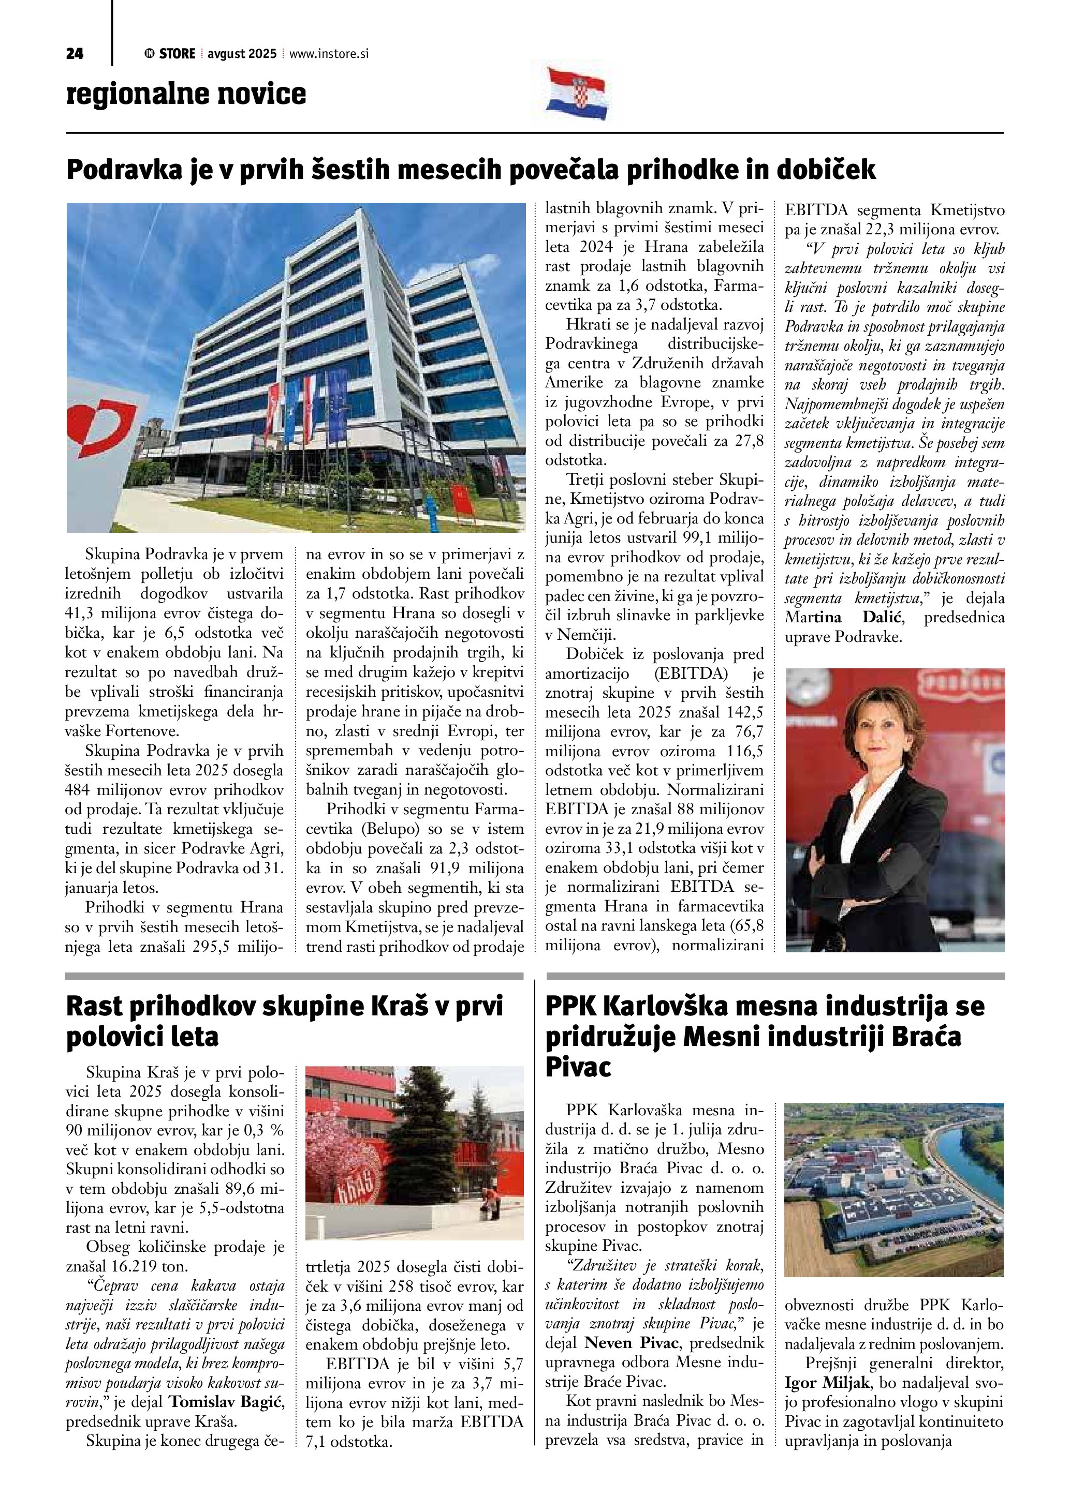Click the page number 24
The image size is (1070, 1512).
coord(75,54)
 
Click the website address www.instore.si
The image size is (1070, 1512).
coord(329,54)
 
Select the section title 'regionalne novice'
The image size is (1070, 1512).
coord(186,94)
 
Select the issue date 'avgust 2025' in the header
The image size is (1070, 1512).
coord(242,54)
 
